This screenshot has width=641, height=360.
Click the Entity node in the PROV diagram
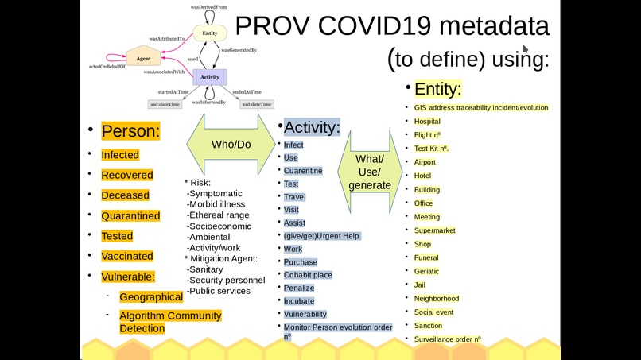pyautogui.click(x=210, y=33)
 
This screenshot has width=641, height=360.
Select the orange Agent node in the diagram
pyautogui.click(x=144, y=59)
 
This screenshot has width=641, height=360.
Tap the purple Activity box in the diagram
pyautogui.click(x=210, y=77)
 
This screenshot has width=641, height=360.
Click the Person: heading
pyautogui.click(x=130, y=131)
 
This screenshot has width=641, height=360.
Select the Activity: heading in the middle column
pyautogui.click(x=312, y=127)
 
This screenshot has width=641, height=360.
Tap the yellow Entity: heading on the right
pyautogui.click(x=437, y=88)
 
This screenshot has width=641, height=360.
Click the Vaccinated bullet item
pyautogui.click(x=127, y=256)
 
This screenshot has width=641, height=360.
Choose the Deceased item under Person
pyautogui.click(x=125, y=195)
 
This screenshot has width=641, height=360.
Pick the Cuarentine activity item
pyautogui.click(x=303, y=171)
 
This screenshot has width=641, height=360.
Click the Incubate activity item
pyautogui.click(x=299, y=301)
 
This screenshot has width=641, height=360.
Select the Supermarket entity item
pyautogui.click(x=434, y=230)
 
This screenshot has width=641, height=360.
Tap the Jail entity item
pyautogui.click(x=420, y=285)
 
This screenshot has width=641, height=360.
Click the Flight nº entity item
pyautogui.click(x=428, y=135)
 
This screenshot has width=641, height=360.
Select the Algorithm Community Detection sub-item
pyautogui.click(x=170, y=322)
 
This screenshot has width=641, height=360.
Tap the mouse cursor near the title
pyautogui.click(x=526, y=27)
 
